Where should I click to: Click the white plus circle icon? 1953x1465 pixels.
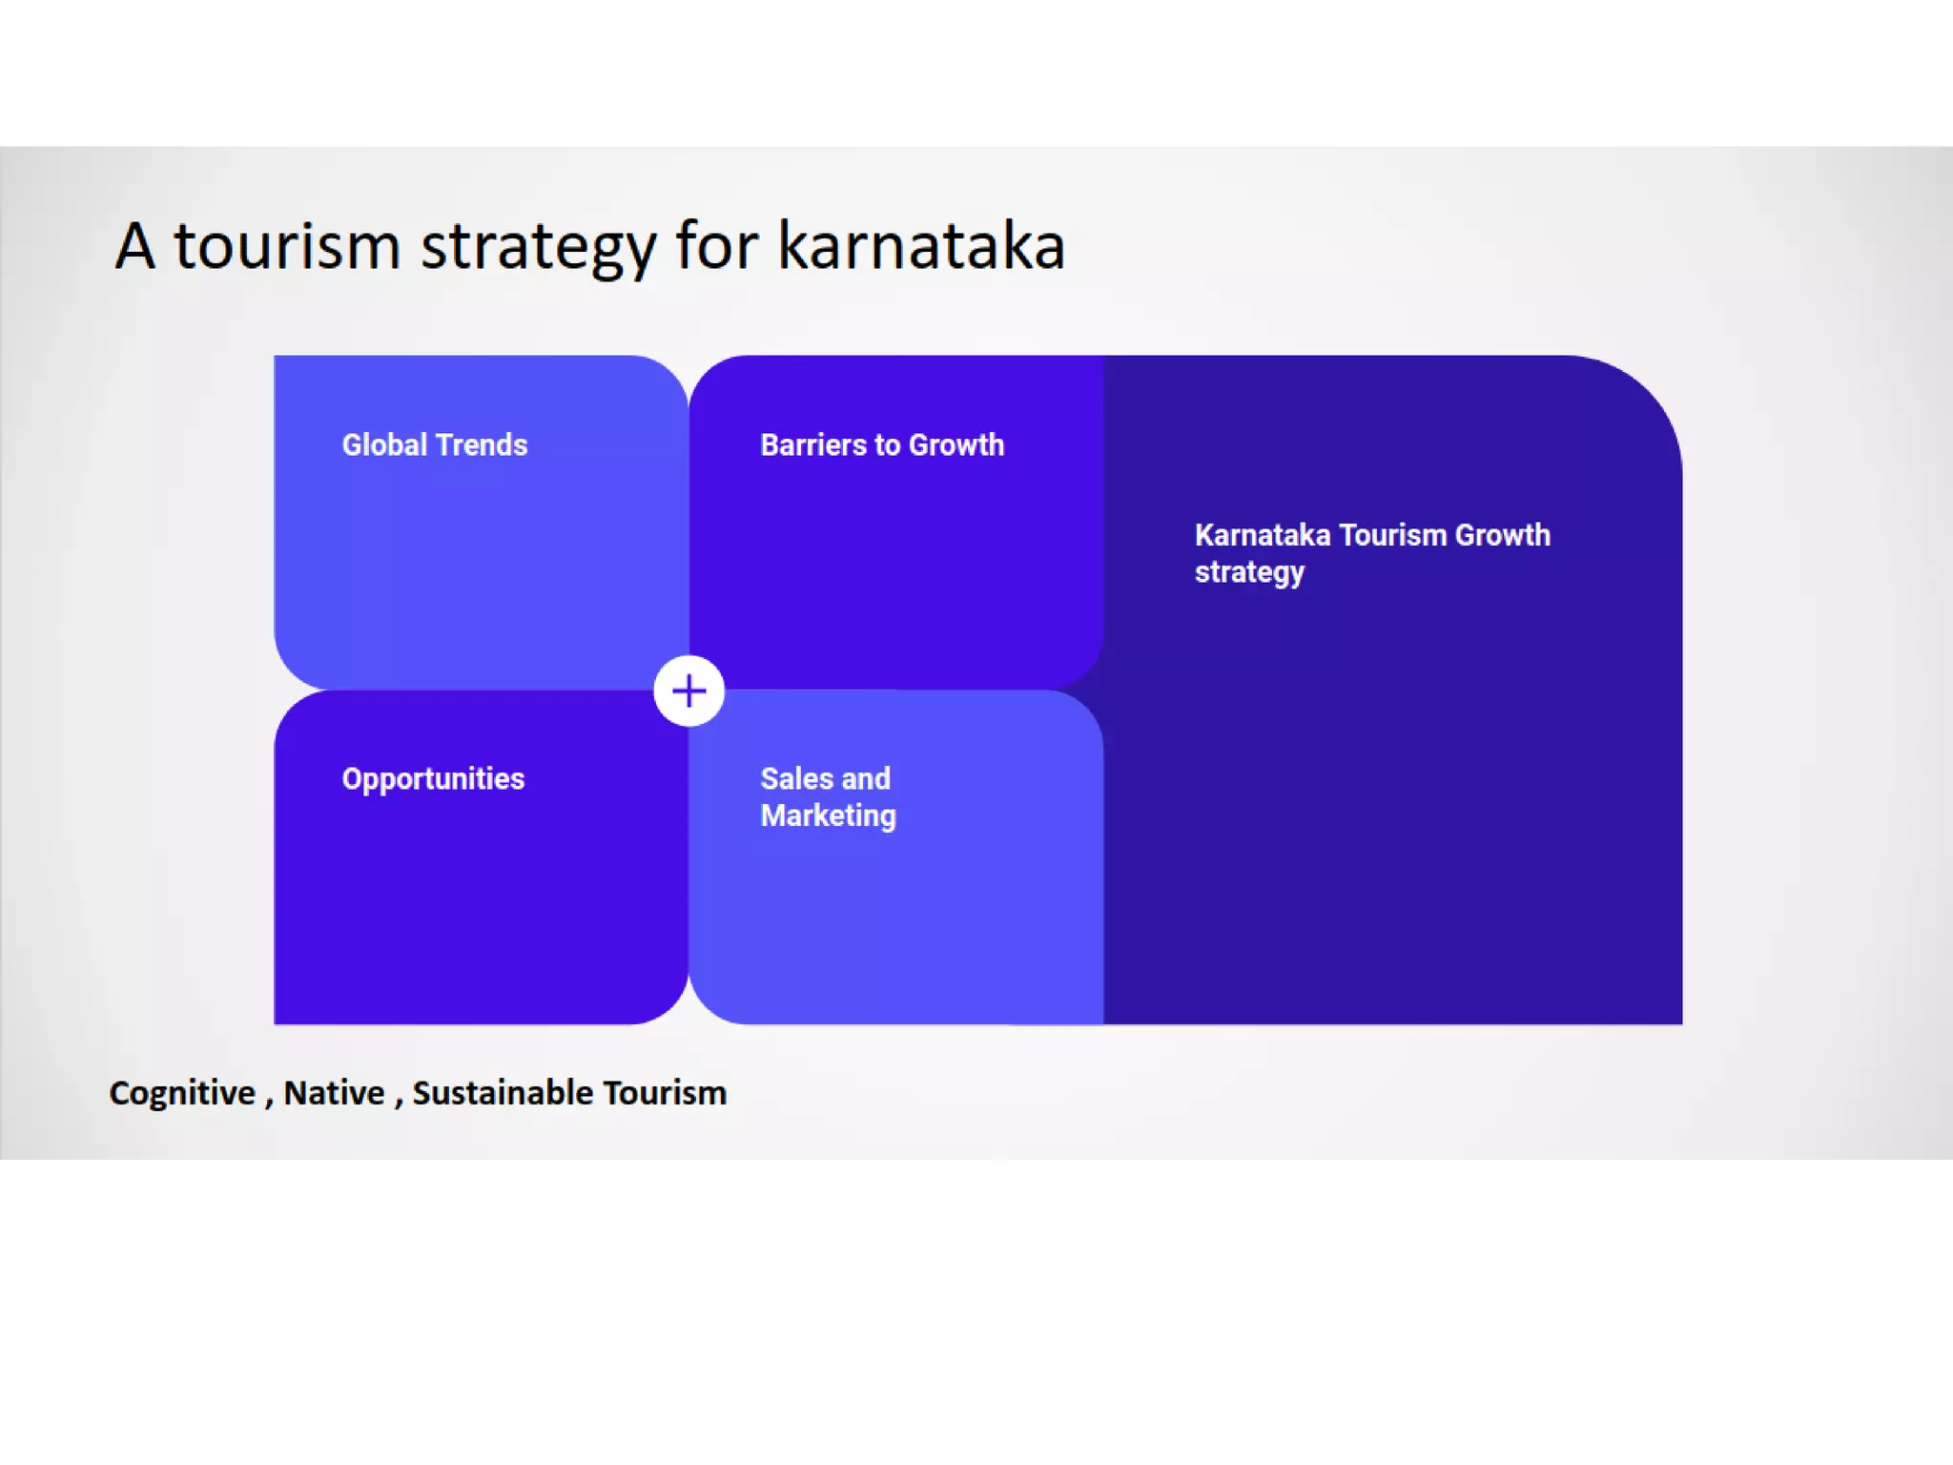[x=689, y=691]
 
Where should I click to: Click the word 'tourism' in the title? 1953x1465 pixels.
[x=286, y=246]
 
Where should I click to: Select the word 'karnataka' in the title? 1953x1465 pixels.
[x=920, y=246]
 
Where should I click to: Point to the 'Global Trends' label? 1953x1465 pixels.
[x=434, y=444]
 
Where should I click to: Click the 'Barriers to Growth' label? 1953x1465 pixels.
[x=882, y=444]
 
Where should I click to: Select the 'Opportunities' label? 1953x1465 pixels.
[x=433, y=779]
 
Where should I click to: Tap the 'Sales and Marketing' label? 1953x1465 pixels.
[x=828, y=796]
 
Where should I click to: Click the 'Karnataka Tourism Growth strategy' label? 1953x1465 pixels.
[x=1371, y=553]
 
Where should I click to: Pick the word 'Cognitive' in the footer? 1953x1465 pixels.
[x=182, y=1093]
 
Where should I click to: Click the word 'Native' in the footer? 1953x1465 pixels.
[x=334, y=1093]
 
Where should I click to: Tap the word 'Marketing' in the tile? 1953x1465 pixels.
[x=828, y=815]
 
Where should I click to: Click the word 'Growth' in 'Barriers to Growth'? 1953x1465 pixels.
[x=956, y=444]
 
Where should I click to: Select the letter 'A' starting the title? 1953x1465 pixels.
[x=134, y=246]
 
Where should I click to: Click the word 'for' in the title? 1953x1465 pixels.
[x=716, y=246]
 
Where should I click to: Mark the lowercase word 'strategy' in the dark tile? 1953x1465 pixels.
[x=1249, y=572]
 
